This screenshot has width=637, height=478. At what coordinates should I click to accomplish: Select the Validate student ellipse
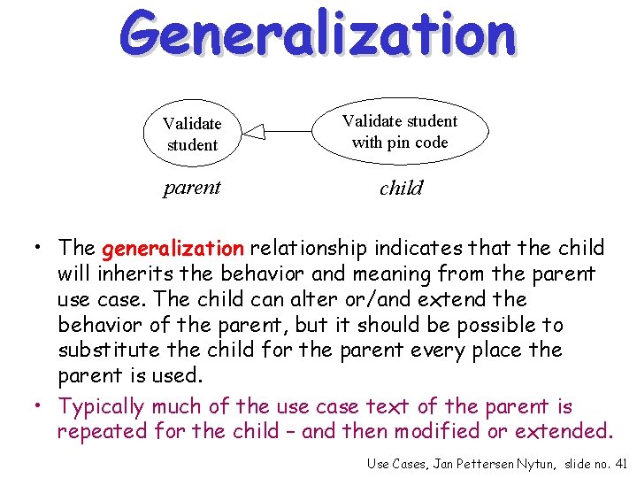(x=192, y=134)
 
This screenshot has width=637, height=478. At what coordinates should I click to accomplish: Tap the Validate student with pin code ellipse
(x=400, y=132)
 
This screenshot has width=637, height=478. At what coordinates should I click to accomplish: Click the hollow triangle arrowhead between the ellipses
(x=254, y=133)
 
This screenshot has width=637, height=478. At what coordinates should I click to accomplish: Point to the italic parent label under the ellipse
(x=192, y=188)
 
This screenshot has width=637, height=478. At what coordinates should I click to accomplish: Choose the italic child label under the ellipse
(x=401, y=188)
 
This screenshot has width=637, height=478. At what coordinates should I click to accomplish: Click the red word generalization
(x=173, y=248)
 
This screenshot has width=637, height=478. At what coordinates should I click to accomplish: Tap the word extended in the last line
(x=567, y=431)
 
